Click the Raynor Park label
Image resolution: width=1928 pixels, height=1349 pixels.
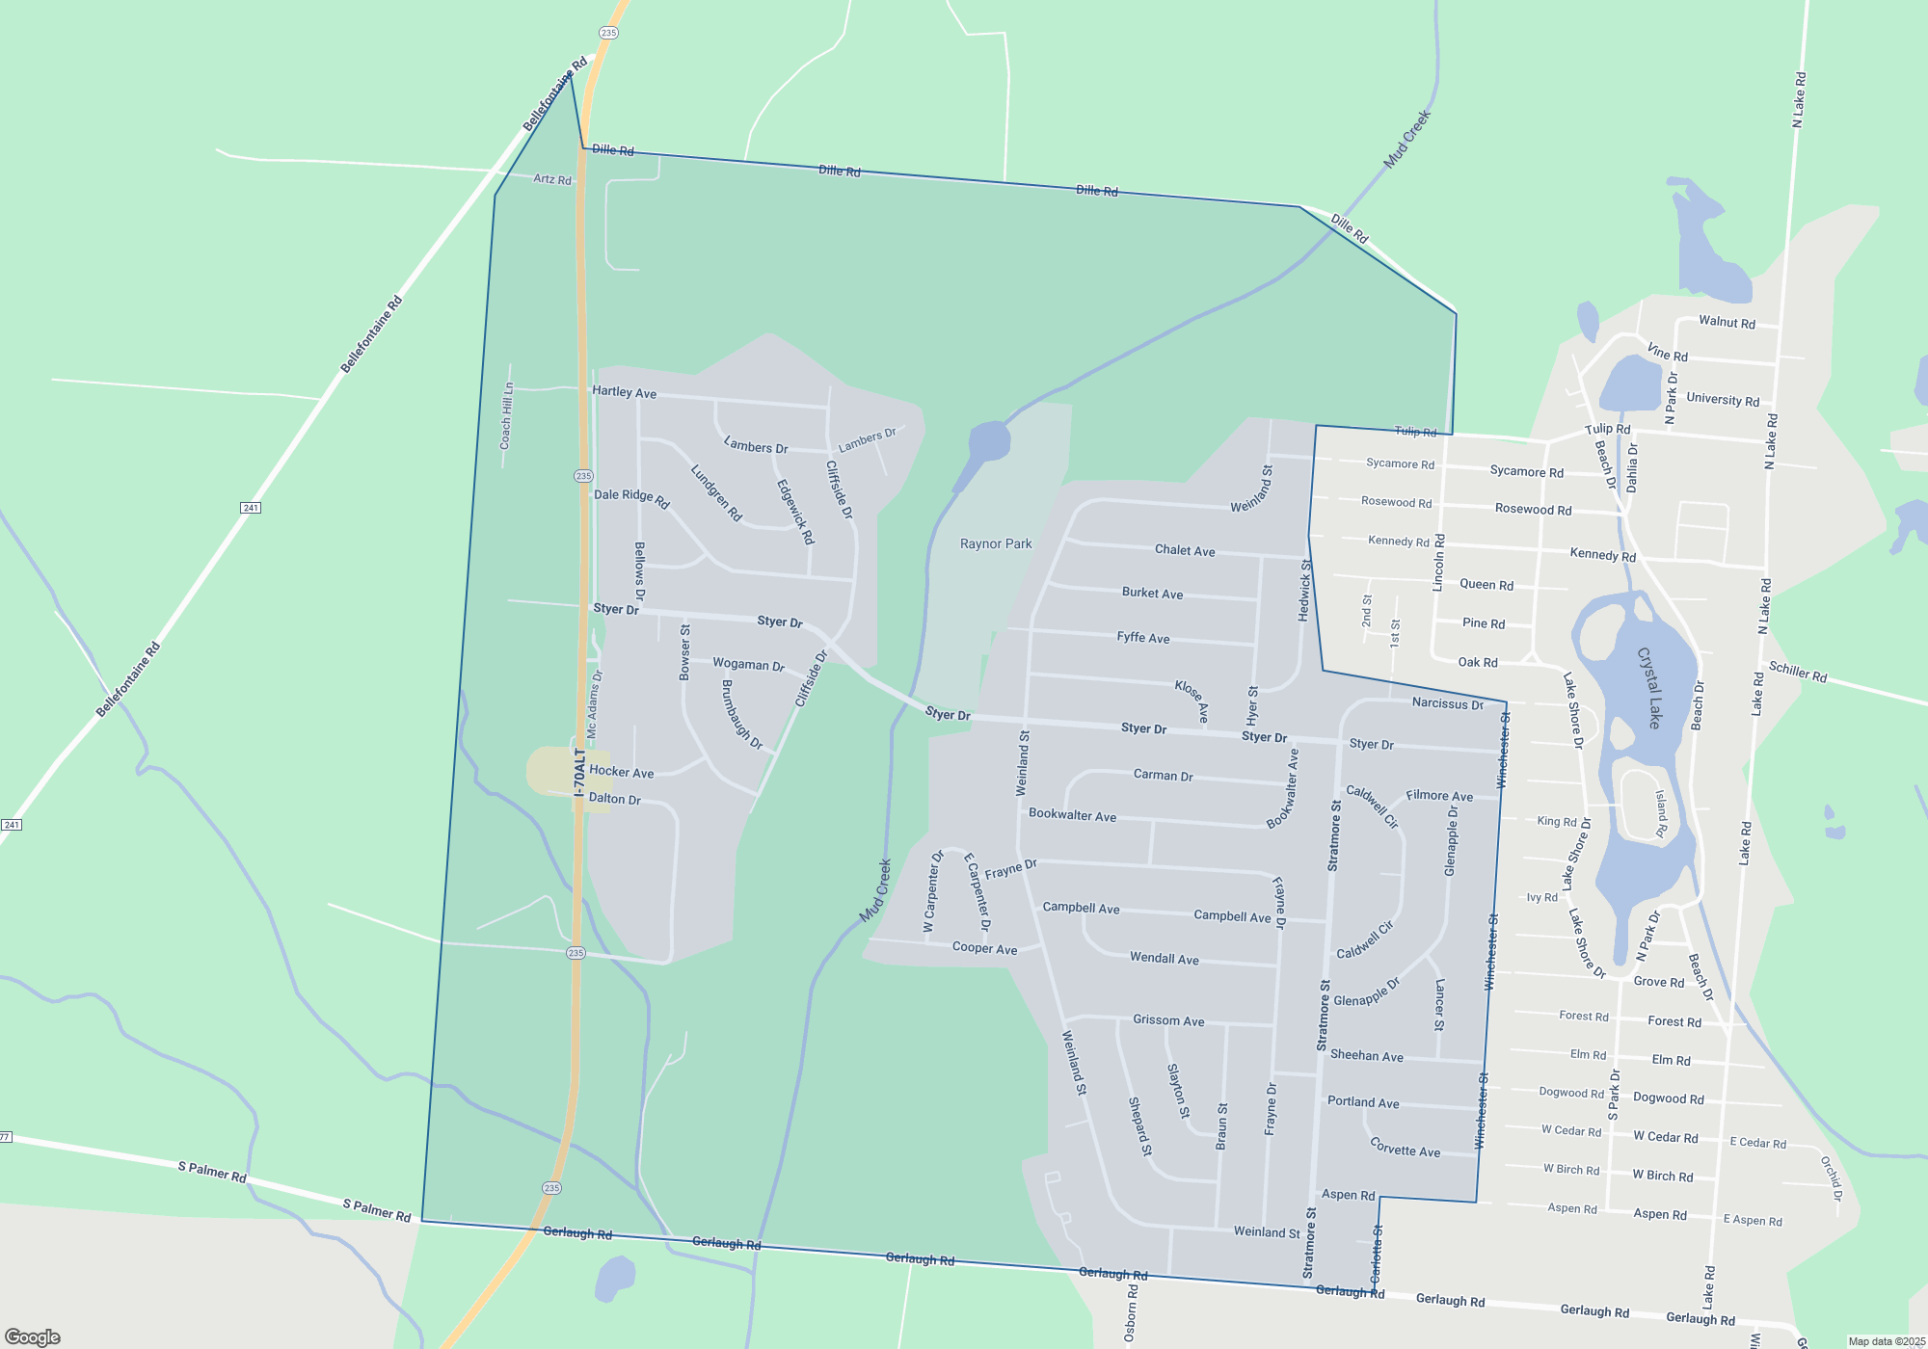tap(996, 544)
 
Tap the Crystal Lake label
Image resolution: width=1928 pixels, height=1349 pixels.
tap(1650, 687)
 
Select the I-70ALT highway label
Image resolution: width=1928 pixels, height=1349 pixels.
tap(579, 772)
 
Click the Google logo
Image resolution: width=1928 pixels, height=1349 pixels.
tap(33, 1337)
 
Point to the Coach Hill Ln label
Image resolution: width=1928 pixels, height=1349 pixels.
tap(506, 416)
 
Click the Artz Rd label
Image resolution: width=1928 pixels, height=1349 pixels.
tap(552, 179)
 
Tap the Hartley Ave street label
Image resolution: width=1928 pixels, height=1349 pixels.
tap(624, 392)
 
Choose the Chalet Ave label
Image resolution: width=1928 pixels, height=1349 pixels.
tap(1185, 550)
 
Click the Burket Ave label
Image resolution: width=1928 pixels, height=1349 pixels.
tap(1152, 594)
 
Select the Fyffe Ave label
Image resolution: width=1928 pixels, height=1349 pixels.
tap(1143, 638)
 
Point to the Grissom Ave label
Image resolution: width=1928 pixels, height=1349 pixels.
tap(1168, 1020)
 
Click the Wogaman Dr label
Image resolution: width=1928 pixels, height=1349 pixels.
tap(748, 665)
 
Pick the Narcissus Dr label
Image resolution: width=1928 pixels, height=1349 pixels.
tap(1447, 703)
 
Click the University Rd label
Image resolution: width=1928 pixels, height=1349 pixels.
tap(1723, 400)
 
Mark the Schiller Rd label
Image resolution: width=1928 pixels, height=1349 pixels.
tap(1798, 672)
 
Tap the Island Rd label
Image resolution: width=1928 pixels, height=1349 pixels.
tap(1661, 813)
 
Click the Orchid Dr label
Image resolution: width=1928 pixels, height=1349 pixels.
tap(1832, 1177)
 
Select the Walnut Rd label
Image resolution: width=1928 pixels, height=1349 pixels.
tap(1727, 323)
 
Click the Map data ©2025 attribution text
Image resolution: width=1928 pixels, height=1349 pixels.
tap(1887, 1341)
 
